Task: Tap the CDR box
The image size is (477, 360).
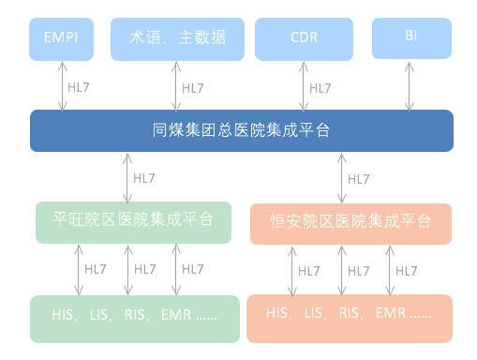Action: click(x=303, y=37)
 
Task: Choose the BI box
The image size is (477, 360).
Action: click(x=410, y=37)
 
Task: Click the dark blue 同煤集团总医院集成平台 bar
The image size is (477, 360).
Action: click(x=241, y=130)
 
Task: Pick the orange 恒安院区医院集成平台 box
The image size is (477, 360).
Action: click(x=350, y=223)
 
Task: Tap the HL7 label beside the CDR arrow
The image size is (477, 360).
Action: click(x=320, y=89)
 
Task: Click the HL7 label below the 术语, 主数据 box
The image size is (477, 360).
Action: click(x=192, y=89)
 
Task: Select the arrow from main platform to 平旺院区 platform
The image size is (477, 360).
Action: click(x=127, y=176)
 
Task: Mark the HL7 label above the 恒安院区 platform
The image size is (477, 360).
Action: click(x=357, y=178)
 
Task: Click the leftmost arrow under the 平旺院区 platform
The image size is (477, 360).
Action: click(x=77, y=269)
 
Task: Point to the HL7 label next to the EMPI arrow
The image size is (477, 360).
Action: click(x=79, y=89)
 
